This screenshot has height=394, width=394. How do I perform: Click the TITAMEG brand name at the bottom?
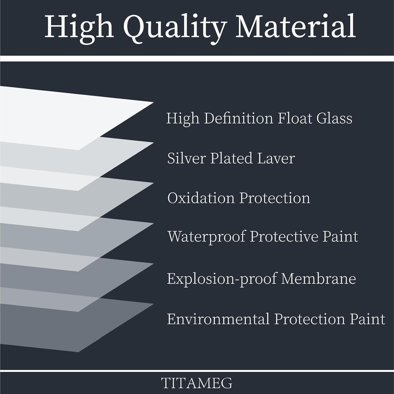pos(197,383)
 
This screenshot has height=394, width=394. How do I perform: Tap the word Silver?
pos(186,158)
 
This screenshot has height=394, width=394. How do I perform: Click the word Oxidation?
pos(201,198)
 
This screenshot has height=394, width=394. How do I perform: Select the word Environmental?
pos(218,319)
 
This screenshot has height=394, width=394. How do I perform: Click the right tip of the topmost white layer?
pos(153,102)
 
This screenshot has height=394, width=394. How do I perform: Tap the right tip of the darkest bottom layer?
pos(153,304)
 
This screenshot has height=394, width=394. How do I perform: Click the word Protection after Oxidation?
pos(275,198)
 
